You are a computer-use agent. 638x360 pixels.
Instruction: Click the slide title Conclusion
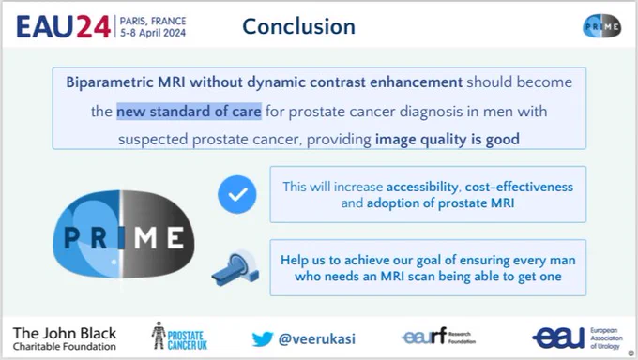298,26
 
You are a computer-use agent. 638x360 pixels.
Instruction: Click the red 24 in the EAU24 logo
93,27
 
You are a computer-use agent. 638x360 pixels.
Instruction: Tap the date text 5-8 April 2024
153,33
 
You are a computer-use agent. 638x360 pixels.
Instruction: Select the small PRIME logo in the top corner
601,26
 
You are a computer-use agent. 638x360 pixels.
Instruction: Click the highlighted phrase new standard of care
189,111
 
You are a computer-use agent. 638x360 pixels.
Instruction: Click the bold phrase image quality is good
448,139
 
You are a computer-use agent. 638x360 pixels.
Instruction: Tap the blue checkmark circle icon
237,194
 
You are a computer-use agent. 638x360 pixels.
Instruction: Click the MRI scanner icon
235,268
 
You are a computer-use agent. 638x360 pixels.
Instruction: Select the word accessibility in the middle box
422,187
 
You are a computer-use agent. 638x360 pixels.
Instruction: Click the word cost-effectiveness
519,187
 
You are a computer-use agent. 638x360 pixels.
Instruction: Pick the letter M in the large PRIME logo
145,237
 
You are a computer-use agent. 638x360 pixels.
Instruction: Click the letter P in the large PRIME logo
71,237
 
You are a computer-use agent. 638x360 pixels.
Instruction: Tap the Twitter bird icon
263,338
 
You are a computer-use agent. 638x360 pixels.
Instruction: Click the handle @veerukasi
316,338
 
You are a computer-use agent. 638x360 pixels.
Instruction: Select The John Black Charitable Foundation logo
65,338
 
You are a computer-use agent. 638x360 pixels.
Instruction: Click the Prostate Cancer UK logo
179,336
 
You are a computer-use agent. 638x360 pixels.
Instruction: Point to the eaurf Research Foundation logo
439,337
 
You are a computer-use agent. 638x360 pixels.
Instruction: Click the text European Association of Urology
606,338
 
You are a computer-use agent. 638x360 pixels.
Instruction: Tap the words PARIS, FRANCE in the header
153,21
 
